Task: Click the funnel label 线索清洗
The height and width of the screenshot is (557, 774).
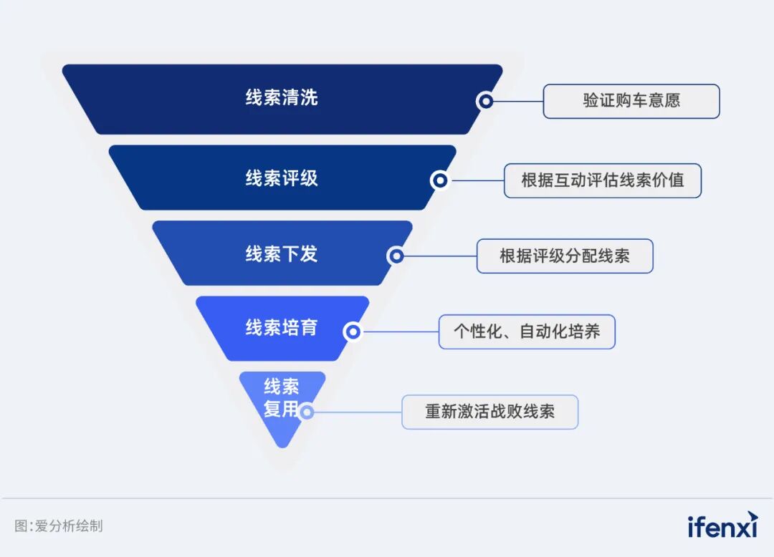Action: point(282,98)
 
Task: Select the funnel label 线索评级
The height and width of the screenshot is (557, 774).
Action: point(282,178)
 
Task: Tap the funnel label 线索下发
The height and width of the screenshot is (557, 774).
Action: point(282,253)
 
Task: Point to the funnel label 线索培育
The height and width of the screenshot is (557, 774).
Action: point(282,328)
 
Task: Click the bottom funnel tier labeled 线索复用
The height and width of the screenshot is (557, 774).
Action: point(282,398)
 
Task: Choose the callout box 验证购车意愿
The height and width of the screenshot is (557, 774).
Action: point(631,101)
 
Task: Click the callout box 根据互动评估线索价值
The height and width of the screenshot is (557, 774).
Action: point(602,180)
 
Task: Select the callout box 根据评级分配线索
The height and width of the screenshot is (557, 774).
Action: point(565,256)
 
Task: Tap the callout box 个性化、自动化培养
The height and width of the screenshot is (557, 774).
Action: point(527,331)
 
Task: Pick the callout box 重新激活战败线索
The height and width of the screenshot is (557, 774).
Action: point(489,412)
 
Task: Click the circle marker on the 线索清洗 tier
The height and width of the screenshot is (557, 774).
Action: point(486,101)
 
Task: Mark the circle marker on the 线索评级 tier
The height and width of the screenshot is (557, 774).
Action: point(439,180)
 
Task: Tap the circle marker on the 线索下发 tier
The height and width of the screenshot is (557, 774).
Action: point(396,256)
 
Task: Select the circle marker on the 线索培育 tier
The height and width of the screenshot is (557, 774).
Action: point(352,331)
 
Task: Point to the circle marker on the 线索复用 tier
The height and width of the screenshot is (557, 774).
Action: point(307,412)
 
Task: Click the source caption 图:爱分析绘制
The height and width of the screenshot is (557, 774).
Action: point(59,525)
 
